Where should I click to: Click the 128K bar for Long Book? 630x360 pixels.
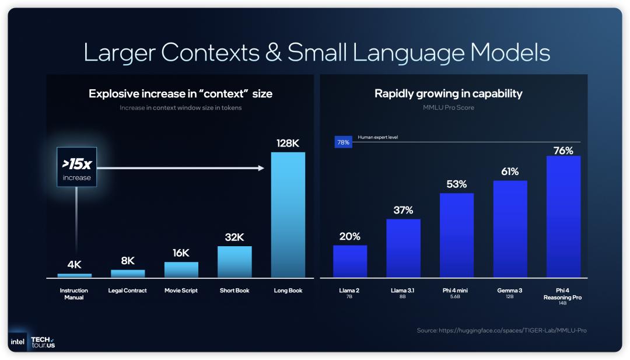click(288, 215)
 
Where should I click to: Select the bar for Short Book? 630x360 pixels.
click(235, 261)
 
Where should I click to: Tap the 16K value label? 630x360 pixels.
click(181, 253)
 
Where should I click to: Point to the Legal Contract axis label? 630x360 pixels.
click(128, 291)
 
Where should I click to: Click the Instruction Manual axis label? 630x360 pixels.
click(74, 293)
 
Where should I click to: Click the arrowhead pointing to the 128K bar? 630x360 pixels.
click(260, 168)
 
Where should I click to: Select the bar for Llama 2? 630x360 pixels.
click(350, 261)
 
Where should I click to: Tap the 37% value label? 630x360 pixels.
click(403, 210)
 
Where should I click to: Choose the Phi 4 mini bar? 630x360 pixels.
click(457, 235)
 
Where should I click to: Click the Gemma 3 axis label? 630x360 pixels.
click(510, 291)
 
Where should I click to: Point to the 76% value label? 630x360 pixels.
click(563, 151)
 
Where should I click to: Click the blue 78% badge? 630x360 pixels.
click(343, 142)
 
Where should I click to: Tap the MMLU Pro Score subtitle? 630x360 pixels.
click(448, 107)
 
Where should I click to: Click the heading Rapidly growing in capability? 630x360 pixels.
click(448, 93)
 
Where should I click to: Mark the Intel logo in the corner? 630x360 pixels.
click(17, 342)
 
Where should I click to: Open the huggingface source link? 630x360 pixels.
click(502, 331)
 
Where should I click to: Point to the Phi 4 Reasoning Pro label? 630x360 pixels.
click(563, 294)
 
